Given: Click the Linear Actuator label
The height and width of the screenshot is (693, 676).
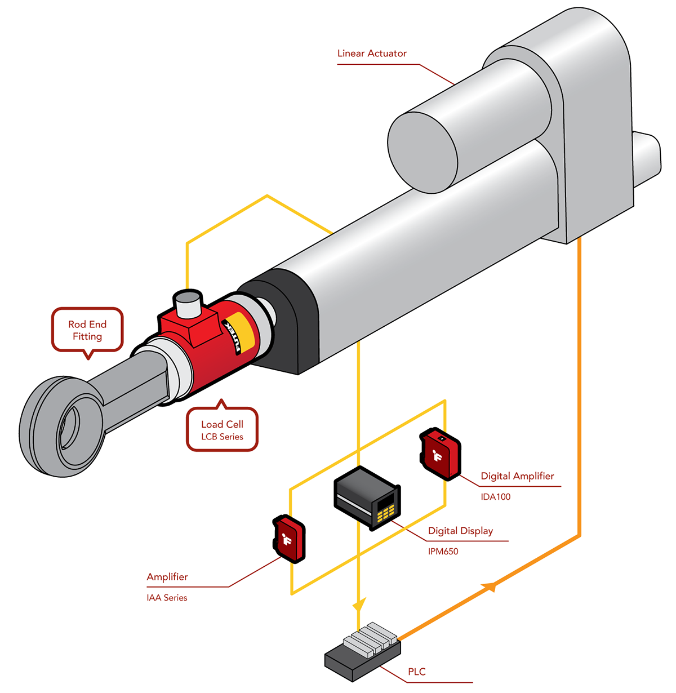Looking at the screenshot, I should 372,54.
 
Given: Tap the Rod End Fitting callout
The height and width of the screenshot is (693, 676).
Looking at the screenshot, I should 87,330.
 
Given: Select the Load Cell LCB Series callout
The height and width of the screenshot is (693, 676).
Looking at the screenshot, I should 222,430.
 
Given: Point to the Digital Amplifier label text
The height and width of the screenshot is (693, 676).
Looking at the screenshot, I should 517,476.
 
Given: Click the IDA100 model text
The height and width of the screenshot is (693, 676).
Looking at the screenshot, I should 496,497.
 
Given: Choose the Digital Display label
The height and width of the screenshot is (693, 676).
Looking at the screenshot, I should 460,531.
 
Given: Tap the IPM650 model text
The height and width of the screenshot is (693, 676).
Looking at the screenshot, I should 443,552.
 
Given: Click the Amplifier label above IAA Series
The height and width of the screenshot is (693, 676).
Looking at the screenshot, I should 167,577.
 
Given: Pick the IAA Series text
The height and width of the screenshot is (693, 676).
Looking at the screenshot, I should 167,598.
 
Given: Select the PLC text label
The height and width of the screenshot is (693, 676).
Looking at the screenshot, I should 417,672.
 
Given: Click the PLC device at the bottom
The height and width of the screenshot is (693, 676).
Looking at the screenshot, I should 363,654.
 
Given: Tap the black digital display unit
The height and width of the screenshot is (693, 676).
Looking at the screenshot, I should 367,497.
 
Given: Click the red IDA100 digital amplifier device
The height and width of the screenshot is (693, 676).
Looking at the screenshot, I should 441,454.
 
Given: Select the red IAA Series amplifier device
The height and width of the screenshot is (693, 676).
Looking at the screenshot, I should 288,538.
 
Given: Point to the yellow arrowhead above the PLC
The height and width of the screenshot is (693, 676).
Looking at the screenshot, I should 358,605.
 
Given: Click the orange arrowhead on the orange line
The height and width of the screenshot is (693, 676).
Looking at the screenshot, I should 489,586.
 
